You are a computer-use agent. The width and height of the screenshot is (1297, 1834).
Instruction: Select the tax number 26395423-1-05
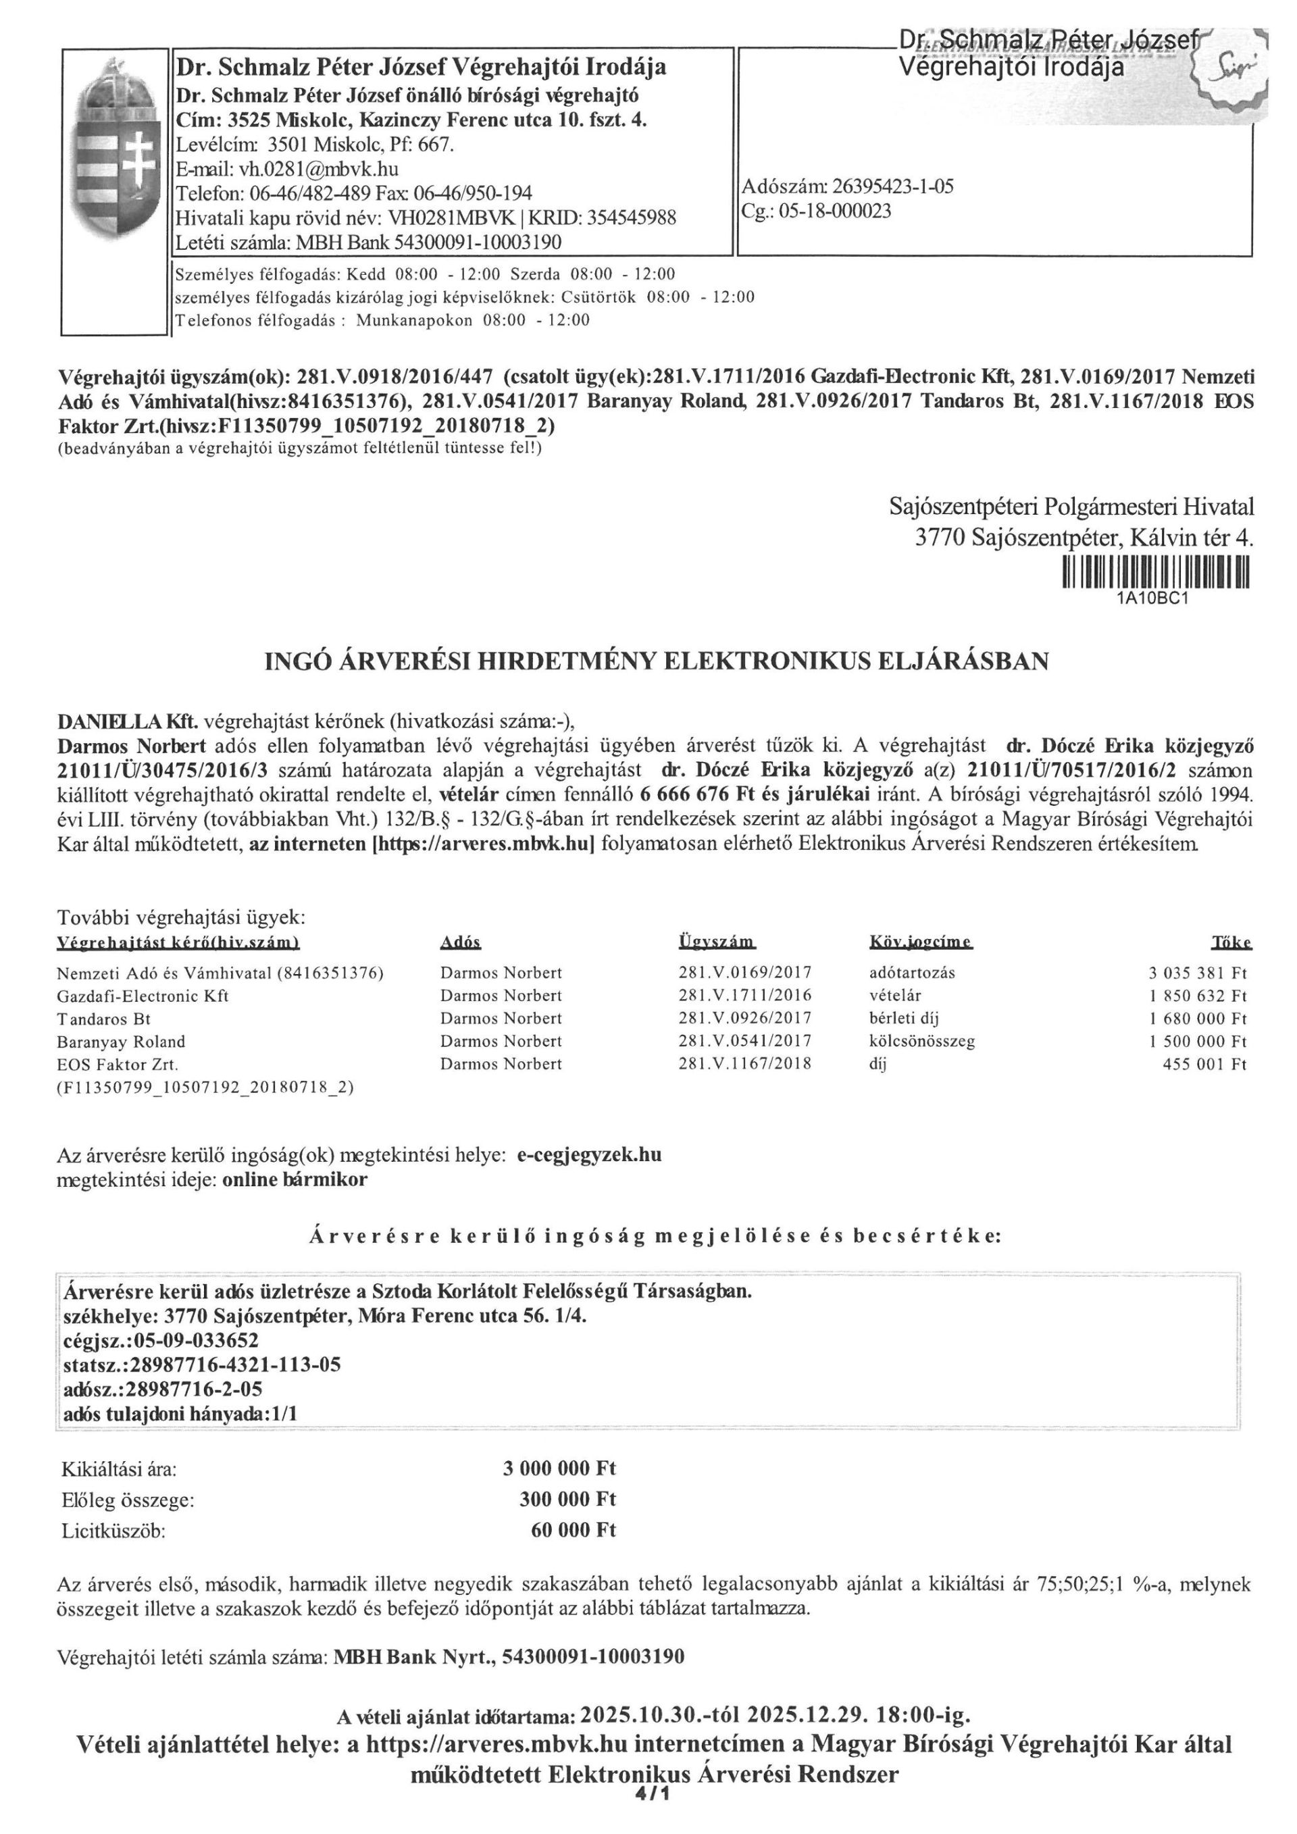coord(892,187)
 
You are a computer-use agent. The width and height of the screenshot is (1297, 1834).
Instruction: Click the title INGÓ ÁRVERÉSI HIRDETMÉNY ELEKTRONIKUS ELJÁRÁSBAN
coord(656,661)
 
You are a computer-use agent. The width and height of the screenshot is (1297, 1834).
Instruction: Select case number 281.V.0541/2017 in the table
coord(744,1041)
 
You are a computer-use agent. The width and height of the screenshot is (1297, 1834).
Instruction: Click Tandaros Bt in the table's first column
coord(104,1019)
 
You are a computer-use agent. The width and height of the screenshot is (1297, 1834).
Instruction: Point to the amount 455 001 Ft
coord(1204,1064)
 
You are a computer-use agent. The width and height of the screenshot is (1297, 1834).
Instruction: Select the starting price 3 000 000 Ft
coord(559,1468)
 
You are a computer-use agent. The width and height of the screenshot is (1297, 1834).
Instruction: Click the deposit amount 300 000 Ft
coord(567,1500)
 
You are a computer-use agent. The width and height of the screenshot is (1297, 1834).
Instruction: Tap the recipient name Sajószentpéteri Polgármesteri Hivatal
coord(1071,507)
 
